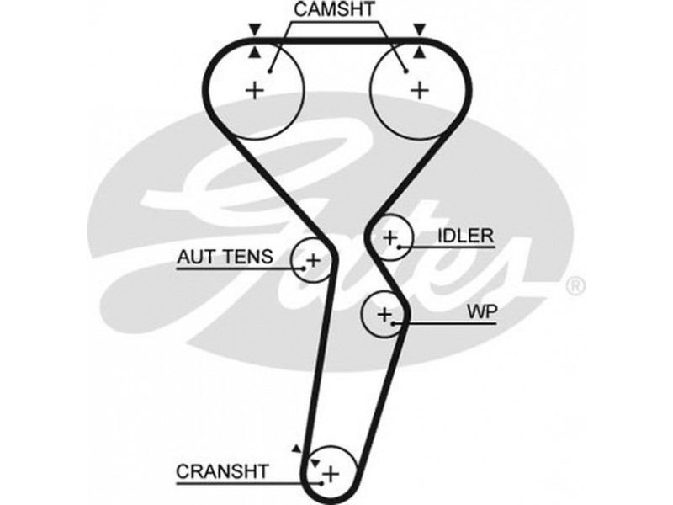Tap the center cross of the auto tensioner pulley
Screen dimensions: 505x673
pos(312,260)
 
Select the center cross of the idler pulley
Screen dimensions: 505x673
pos(389,238)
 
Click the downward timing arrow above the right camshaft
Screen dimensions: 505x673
pos(418,29)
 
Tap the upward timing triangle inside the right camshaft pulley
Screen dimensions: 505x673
pos(418,52)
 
